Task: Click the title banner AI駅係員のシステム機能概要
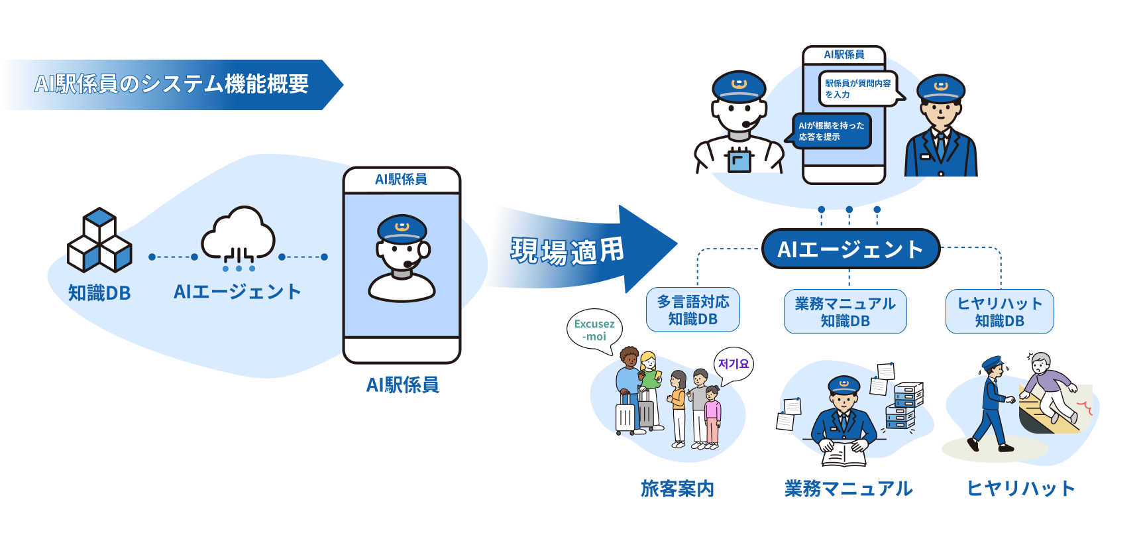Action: pyautogui.click(x=172, y=84)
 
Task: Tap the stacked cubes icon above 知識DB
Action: pyautogui.click(x=99, y=239)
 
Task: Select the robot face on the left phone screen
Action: pyautogui.click(x=402, y=258)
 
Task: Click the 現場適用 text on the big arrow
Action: pyautogui.click(x=567, y=251)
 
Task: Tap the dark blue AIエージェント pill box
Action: pyautogui.click(x=851, y=249)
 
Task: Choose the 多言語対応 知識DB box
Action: pyautogui.click(x=693, y=310)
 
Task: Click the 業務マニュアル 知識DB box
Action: pyautogui.click(x=845, y=312)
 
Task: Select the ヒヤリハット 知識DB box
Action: pyautogui.click(x=1000, y=312)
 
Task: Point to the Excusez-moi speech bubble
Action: pyautogui.click(x=594, y=330)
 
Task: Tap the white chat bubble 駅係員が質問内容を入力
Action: pyautogui.click(x=861, y=89)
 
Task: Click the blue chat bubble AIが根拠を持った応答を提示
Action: pyautogui.click(x=829, y=131)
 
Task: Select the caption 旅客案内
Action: pyautogui.click(x=677, y=489)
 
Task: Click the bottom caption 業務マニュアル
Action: pyautogui.click(x=848, y=489)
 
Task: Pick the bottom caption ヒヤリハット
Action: pyautogui.click(x=1020, y=489)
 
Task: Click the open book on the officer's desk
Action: pyautogui.click(x=844, y=454)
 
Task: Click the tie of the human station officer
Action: pyautogui.click(x=941, y=147)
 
